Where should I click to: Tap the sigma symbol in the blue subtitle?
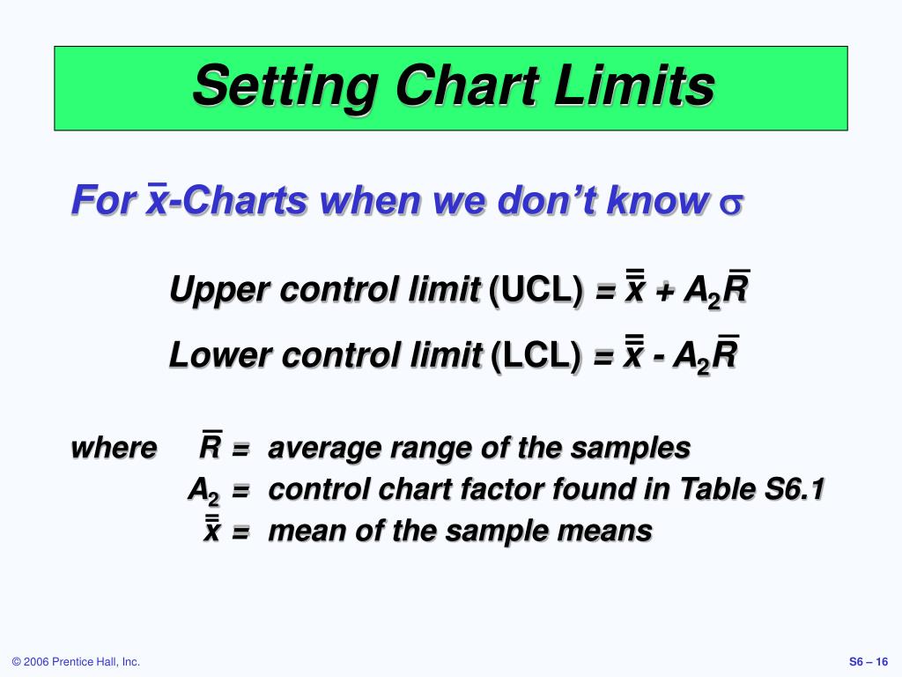732,203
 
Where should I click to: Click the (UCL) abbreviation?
536,290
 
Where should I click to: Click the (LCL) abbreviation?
536,357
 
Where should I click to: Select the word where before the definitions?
114,448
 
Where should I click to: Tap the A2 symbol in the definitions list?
203,490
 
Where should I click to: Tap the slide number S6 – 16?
869,662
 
